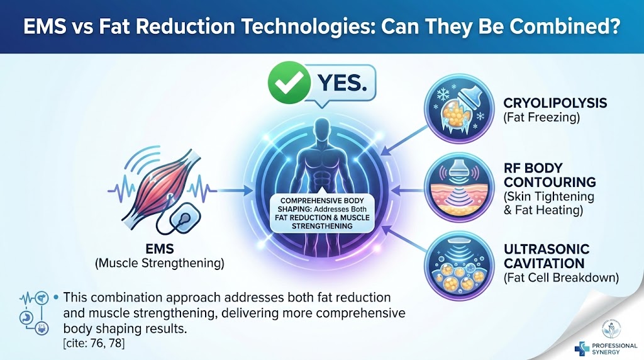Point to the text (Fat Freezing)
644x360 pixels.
pos(541,118)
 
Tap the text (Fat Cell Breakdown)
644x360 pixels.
pos(561,278)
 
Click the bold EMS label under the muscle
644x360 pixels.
pos(159,249)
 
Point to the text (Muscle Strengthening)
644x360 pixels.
pos(159,263)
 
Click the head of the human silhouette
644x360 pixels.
pos(322,128)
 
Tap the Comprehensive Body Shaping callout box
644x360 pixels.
pos(322,213)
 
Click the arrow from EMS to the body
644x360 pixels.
pos(234,191)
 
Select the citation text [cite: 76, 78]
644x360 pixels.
pos(94,343)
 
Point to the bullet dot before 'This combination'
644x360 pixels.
pos(56,297)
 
